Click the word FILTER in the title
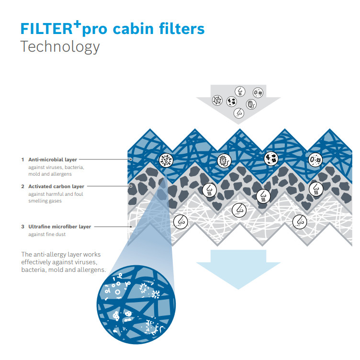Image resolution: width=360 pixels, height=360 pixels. pyautogui.click(x=46, y=29)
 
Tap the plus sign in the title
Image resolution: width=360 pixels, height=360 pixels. pyautogui.click(x=78, y=24)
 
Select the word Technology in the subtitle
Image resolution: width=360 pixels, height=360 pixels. pyautogui.click(x=60, y=46)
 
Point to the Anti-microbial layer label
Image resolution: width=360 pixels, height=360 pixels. pyautogui.click(x=53, y=159)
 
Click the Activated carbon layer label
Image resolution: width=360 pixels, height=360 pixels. pyautogui.click(x=56, y=186)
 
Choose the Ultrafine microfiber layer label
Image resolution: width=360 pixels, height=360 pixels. pyautogui.click(x=60, y=226)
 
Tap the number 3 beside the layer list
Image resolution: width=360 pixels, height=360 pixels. pyautogui.click(x=22, y=226)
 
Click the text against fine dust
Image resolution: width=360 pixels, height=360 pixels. pyautogui.click(x=47, y=234)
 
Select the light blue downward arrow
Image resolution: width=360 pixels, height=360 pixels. pyautogui.click(x=238, y=269)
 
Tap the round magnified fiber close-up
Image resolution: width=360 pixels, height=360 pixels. pyautogui.click(x=136, y=304)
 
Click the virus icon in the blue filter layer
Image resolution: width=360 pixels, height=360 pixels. pyautogui.click(x=166, y=160)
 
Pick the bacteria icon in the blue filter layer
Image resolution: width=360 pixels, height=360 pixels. pyautogui.click(x=224, y=161)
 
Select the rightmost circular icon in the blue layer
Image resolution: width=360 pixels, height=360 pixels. pyautogui.click(x=315, y=159)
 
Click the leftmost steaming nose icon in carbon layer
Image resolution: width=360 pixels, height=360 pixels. pyautogui.click(x=209, y=190)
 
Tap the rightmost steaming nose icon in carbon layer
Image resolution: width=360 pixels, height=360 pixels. pyautogui.click(x=316, y=189)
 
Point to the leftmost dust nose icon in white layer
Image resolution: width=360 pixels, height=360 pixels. pyautogui.click(x=180, y=222)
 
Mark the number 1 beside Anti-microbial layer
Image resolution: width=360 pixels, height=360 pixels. pyautogui.click(x=22, y=159)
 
